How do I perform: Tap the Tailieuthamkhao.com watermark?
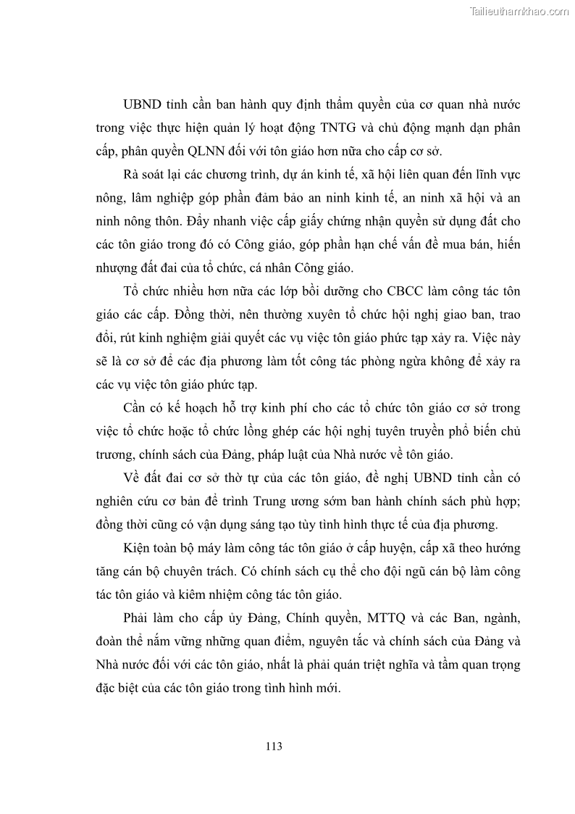click(520, 11)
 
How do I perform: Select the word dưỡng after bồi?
click(330, 292)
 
